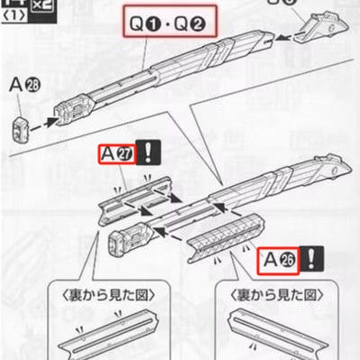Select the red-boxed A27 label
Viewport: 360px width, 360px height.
click(118, 155)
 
